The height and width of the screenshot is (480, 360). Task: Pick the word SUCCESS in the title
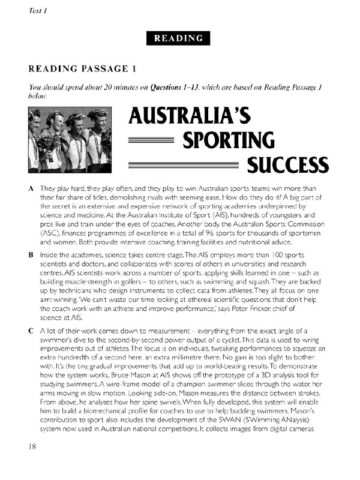(288, 163)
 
